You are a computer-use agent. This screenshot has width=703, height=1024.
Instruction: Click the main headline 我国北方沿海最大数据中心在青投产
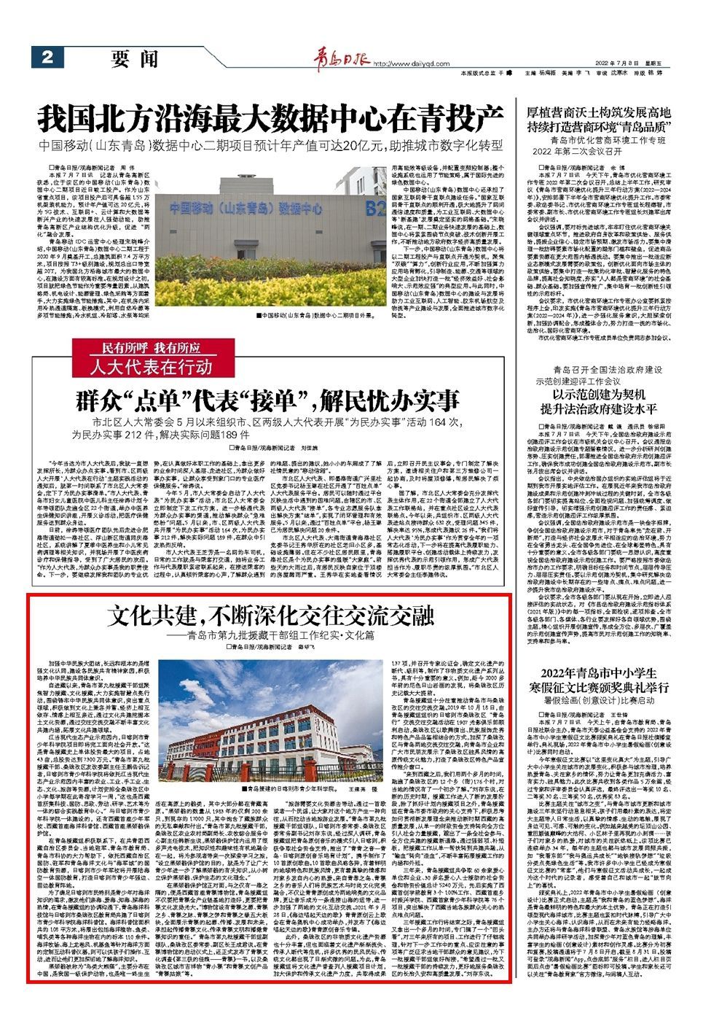(x=271, y=116)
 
